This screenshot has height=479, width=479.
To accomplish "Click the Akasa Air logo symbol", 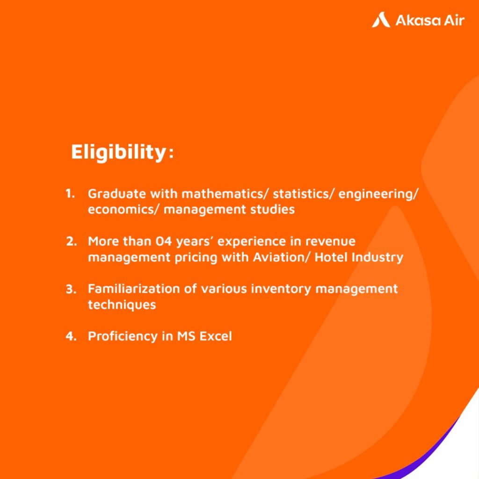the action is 381,20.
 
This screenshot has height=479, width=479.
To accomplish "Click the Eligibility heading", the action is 122,152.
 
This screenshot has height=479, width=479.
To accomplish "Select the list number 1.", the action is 70,193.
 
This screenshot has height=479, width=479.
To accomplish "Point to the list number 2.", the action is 71,241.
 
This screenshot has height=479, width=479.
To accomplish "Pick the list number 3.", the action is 71,289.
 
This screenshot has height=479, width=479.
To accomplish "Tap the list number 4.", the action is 71,336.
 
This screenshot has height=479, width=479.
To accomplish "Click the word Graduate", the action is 117,194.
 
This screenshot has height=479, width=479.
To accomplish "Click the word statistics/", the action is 304,194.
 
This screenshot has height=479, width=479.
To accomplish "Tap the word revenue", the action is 331,241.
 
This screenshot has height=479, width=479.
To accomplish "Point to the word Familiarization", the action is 134,289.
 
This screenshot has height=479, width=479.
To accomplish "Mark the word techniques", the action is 122,305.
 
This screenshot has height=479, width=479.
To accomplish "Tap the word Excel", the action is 216,336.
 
